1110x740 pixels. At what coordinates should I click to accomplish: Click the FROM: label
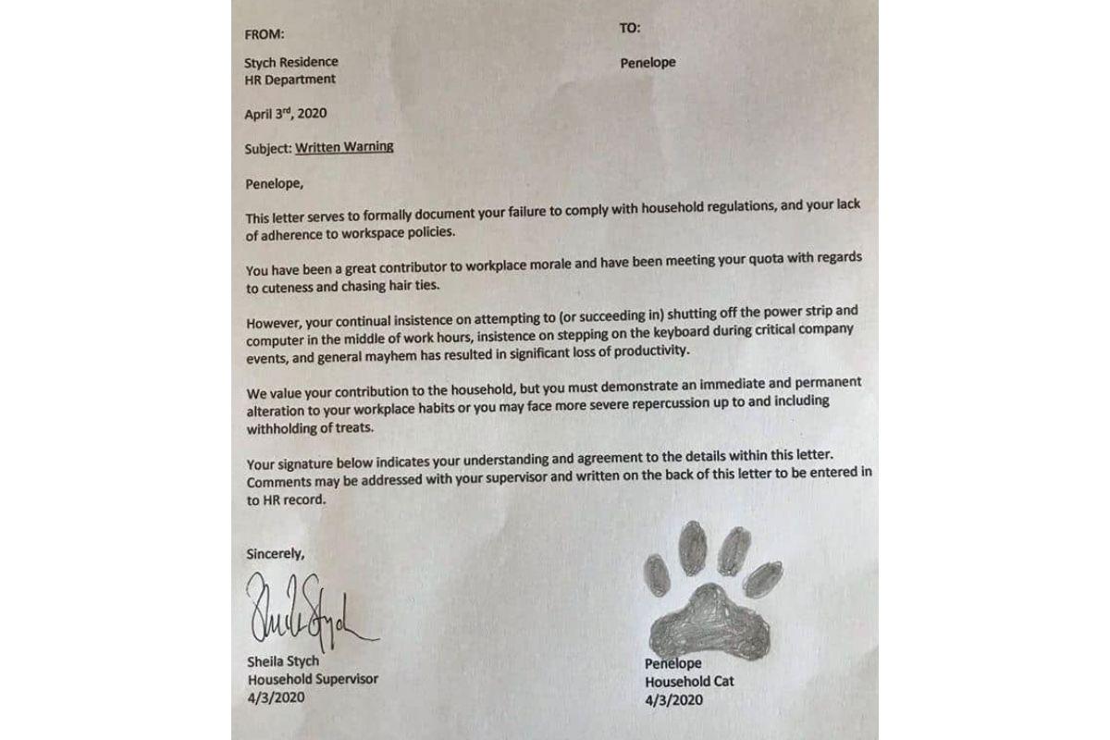pyautogui.click(x=265, y=35)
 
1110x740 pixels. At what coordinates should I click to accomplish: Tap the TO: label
pyautogui.click(x=629, y=29)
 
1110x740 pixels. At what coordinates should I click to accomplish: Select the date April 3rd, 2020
pyautogui.click(x=286, y=115)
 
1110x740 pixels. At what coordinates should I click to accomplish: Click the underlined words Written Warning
pyautogui.click(x=344, y=147)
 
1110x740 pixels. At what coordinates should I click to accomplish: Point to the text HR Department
pyautogui.click(x=290, y=80)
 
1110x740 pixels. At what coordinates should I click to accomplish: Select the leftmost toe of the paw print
pyautogui.click(x=657, y=573)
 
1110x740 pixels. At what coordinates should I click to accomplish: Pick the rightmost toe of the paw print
pyautogui.click(x=763, y=577)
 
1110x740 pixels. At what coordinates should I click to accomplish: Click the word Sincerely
pyautogui.click(x=275, y=554)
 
